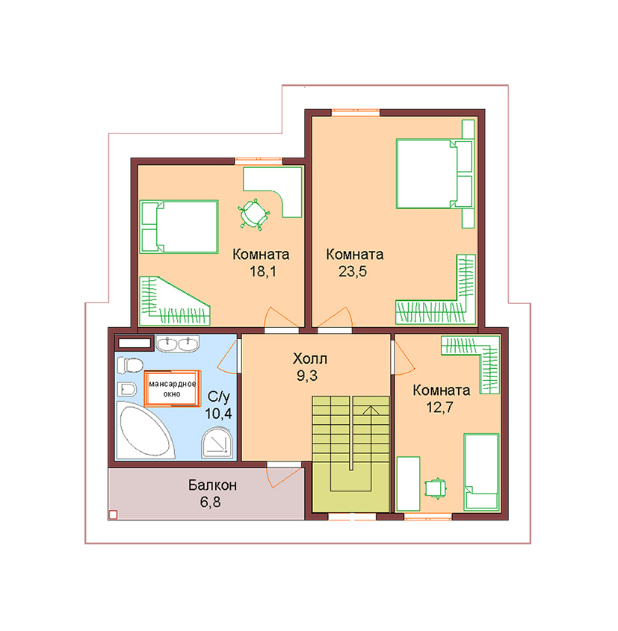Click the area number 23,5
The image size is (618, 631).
(352, 272)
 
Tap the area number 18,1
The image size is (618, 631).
(263, 272)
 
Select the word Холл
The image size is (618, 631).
(310, 358)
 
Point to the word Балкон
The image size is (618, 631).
(212, 485)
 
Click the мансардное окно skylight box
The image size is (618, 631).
(173, 388)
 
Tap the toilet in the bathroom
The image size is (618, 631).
(129, 365)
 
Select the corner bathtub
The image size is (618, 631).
(145, 430)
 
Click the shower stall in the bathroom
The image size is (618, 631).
(217, 443)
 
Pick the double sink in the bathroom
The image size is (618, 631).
(178, 344)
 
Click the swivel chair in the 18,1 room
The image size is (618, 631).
(253, 214)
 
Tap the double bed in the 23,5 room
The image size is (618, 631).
(435, 173)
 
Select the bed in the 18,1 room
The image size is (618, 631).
(179, 226)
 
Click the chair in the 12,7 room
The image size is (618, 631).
(436, 488)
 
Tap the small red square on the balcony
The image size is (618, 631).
(113, 515)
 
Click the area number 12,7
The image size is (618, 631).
(439, 407)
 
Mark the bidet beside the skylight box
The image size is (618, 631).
(127, 389)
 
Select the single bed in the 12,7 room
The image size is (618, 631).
(481, 472)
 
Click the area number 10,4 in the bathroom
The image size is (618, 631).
(218, 413)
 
